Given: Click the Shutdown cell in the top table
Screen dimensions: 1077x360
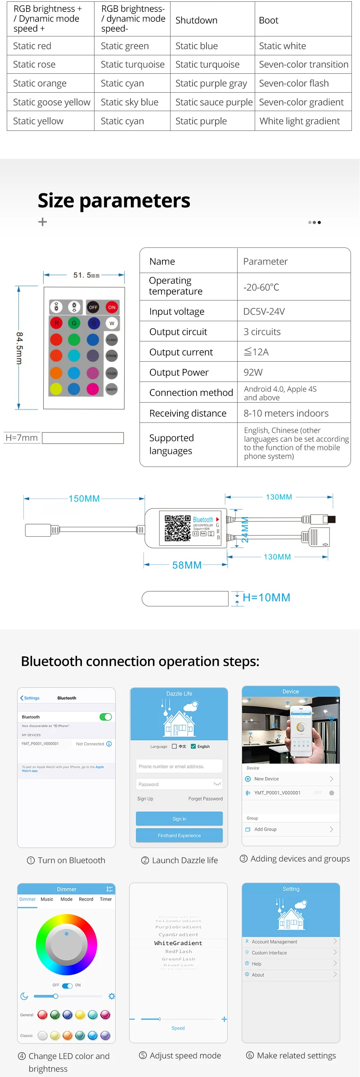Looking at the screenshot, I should [x=197, y=20].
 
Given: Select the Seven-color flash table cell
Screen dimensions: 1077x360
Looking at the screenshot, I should [x=294, y=83].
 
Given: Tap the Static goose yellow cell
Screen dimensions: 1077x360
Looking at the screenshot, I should [x=51, y=102].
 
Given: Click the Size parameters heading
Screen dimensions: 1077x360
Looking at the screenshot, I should [x=114, y=201].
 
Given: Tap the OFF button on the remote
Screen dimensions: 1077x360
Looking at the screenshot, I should [x=93, y=307].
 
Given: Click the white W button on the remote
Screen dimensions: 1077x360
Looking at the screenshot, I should [x=112, y=323].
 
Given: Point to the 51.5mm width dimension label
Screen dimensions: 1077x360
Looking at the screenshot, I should [x=86, y=275].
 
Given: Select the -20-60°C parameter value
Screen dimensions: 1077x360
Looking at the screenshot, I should [x=261, y=287].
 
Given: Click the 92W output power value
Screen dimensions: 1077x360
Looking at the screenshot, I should [x=253, y=372].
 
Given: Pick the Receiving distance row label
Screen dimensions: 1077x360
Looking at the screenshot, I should [x=188, y=413].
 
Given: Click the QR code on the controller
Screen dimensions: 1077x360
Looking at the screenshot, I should [x=177, y=528].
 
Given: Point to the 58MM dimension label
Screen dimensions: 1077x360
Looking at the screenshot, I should [x=187, y=565].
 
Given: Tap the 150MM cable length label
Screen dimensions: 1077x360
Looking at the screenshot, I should [x=84, y=498].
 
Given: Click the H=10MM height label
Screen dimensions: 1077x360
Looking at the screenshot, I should [x=266, y=597].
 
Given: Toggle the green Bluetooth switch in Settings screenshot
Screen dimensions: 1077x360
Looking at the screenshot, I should [x=106, y=717].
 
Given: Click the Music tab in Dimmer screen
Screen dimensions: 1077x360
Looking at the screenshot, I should [x=47, y=899].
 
